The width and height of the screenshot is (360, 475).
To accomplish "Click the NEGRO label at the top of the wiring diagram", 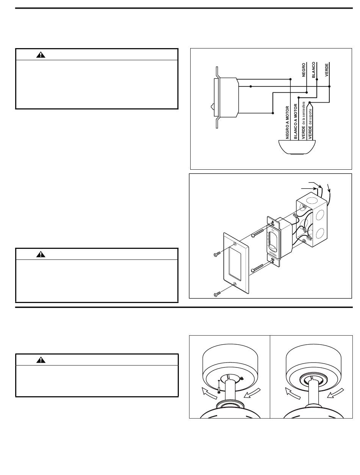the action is (304, 70).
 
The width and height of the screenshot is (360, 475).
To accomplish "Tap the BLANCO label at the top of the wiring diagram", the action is (313, 70).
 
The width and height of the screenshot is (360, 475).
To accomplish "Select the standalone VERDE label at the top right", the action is (326, 70).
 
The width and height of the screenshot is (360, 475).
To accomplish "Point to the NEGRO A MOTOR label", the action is (287, 122).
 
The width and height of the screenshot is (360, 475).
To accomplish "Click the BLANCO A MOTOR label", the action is (296, 121).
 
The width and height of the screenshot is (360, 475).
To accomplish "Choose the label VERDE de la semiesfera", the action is (303, 120).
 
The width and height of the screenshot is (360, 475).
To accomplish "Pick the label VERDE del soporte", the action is (310, 124).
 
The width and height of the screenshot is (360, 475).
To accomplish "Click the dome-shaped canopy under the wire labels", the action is (297, 147).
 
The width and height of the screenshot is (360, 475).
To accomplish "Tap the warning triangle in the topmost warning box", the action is (41, 55).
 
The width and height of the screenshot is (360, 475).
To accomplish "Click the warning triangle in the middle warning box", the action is (41, 254).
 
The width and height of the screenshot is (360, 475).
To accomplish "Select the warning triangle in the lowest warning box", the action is (41, 360).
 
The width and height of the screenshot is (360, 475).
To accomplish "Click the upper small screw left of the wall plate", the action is (217, 254).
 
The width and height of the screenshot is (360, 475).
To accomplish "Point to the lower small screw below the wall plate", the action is (217, 294).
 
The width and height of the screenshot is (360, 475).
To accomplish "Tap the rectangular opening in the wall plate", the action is (235, 264).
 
